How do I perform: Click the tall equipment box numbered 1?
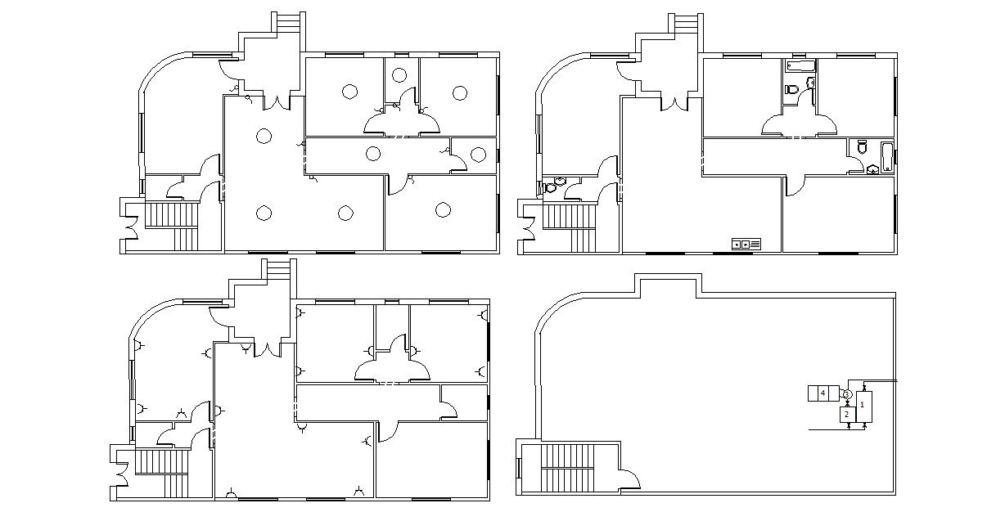[863, 406]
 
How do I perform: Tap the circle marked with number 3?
[847, 395]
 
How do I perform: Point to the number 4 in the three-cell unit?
[822, 393]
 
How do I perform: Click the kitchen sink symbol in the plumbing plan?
[746, 244]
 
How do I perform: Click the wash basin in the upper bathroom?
[810, 83]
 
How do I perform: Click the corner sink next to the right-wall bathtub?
[873, 169]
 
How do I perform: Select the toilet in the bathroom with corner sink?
[860, 147]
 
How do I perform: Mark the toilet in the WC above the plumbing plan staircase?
[550, 186]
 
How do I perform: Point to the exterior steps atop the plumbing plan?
[686, 24]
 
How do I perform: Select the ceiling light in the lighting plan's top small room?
[399, 75]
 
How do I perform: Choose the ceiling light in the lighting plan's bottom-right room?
[443, 210]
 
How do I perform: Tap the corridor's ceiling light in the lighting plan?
[373, 153]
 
